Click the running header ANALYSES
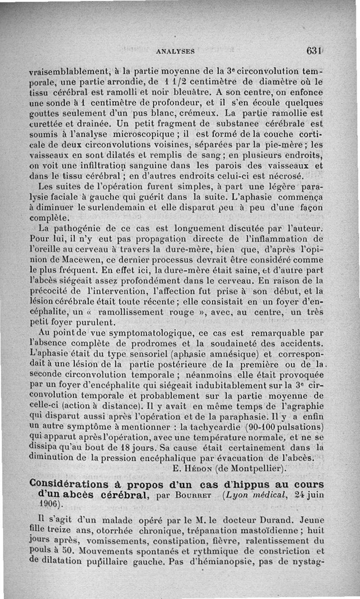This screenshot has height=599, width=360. point(175,51)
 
